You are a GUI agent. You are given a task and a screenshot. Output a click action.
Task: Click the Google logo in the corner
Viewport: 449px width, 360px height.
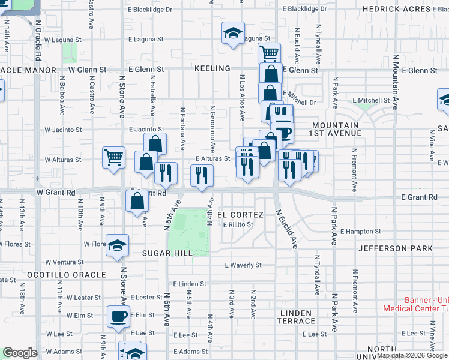click(19, 352)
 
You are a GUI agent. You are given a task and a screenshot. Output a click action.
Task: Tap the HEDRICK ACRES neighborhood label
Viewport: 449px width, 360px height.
click(400, 9)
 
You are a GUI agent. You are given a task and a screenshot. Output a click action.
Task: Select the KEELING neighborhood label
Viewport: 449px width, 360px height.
click(212, 69)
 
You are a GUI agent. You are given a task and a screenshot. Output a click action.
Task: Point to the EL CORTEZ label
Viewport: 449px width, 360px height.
click(240, 215)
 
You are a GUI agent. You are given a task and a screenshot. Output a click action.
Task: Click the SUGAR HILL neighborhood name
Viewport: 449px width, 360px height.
click(167, 253)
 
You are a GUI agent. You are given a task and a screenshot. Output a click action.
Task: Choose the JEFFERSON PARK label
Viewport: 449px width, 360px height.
click(395, 248)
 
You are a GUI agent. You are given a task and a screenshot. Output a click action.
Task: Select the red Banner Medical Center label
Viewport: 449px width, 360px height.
click(416, 305)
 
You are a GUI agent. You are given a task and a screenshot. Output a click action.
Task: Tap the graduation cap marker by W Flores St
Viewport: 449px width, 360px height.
click(117, 244)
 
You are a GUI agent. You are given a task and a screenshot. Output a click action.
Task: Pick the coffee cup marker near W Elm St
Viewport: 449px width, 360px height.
click(118, 316)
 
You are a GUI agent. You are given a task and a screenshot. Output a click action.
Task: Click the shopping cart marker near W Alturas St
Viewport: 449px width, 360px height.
click(113, 158)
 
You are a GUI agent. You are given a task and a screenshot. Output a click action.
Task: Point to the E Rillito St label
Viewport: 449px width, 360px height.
click(238, 225)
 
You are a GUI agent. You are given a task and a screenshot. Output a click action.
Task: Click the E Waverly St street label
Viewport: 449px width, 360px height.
click(243, 265)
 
